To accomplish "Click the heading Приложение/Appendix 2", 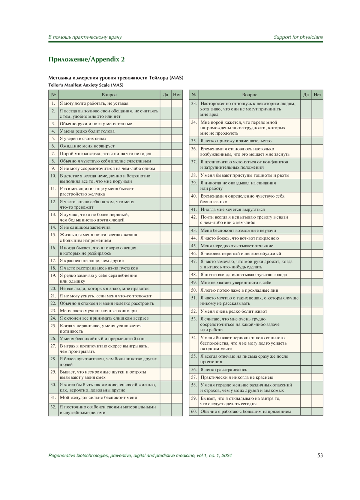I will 86,59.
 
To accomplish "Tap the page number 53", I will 320,455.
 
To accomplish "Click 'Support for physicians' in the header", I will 298,37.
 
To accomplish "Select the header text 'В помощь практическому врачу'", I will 85,37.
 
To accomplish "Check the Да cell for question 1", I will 165,103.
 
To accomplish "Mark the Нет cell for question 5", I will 177,138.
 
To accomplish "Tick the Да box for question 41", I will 306,209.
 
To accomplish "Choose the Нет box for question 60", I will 317,411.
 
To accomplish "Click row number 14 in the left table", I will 53,227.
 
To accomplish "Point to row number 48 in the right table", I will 194,275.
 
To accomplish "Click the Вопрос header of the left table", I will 109,95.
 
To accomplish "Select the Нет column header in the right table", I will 317,95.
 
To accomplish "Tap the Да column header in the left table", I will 165,95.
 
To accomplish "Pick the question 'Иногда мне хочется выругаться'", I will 232,209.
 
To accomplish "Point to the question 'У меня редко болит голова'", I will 87,131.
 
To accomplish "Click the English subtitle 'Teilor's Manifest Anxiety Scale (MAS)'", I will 86,85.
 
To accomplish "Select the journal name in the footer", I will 140,456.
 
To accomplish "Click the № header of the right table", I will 194,95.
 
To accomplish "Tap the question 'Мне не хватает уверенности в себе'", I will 236,282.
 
